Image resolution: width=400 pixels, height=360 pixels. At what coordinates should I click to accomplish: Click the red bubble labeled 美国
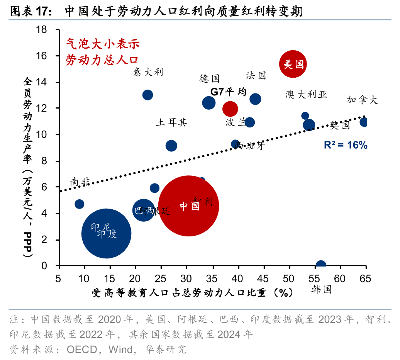(x=293, y=64)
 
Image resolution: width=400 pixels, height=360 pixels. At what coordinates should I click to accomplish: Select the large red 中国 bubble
(x=189, y=206)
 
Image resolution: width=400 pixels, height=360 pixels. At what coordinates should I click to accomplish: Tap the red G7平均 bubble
(x=230, y=109)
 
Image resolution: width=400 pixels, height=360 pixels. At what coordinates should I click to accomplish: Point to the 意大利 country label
(x=148, y=72)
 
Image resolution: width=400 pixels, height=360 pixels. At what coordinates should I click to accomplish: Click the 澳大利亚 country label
(x=306, y=95)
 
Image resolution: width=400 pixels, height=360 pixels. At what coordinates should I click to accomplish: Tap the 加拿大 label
(x=362, y=100)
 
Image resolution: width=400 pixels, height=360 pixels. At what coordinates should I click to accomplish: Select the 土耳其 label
(x=171, y=123)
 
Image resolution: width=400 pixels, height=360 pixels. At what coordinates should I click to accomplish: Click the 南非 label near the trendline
(x=80, y=182)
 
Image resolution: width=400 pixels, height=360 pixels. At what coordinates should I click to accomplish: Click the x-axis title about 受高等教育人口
(x=192, y=292)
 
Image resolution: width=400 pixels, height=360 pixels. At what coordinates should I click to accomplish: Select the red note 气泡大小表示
(x=102, y=43)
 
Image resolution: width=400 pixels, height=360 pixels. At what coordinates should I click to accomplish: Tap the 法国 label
(x=256, y=75)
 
